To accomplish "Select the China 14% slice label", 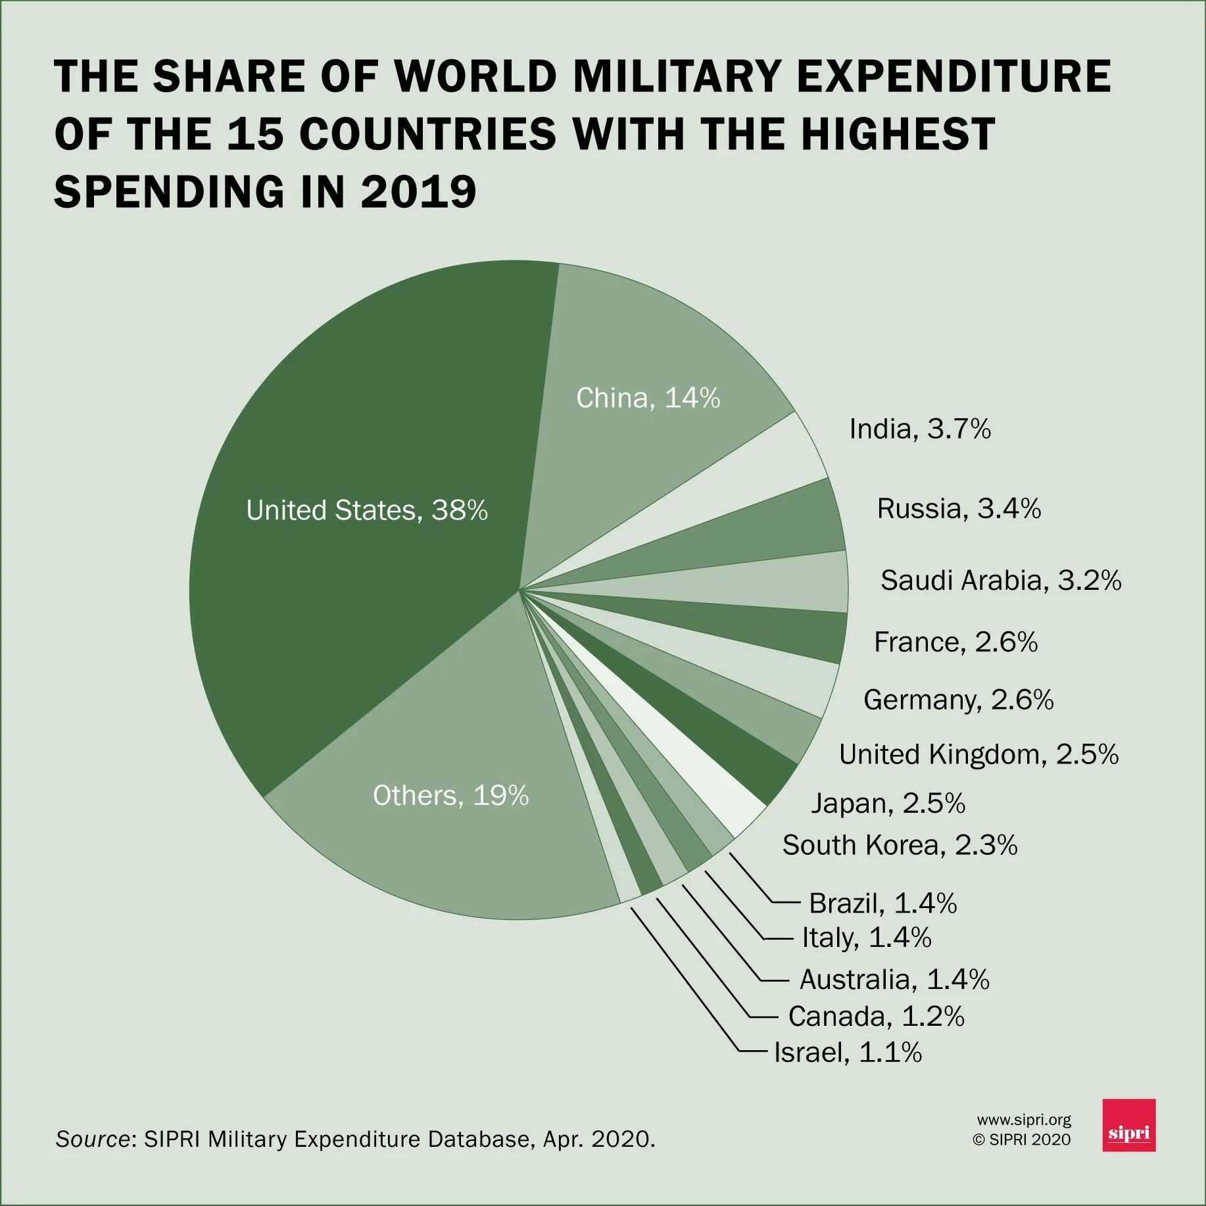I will [x=648, y=398].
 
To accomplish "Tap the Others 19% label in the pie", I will [x=450, y=796].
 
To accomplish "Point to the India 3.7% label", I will [x=919, y=429].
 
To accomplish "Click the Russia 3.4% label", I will [x=959, y=508].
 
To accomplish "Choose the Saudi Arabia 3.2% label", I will [x=1000, y=580].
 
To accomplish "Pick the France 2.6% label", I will [x=955, y=642].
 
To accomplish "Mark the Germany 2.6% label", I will [x=958, y=700].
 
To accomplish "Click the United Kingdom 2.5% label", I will [x=978, y=754].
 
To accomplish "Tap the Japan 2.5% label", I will [x=888, y=803].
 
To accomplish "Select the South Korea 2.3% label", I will [x=900, y=845].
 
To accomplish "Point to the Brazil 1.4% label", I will [x=882, y=903].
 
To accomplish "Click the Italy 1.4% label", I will [x=867, y=937].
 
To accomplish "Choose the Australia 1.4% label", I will [x=894, y=979].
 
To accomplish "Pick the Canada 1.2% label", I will [x=876, y=1016].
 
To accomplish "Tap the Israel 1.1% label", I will [x=848, y=1052].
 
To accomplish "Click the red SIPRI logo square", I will [x=1128, y=1125].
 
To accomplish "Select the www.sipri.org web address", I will [x=1023, y=1119].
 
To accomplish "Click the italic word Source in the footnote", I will [x=93, y=1139].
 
